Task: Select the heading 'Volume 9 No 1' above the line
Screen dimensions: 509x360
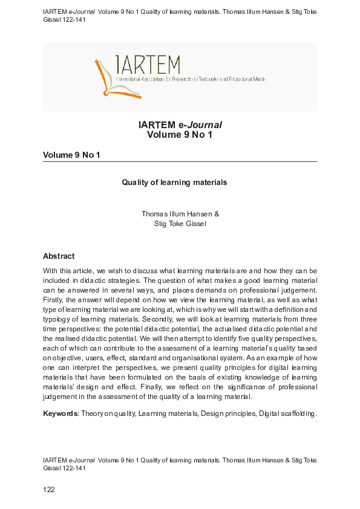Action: pyautogui.click(x=71, y=155)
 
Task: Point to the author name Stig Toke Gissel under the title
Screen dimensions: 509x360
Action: pyautogui.click(x=180, y=224)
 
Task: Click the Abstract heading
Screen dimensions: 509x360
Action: pyautogui.click(x=59, y=256)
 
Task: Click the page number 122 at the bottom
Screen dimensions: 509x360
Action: pyautogui.click(x=49, y=490)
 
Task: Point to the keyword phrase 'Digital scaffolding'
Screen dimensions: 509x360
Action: pyautogui.click(x=287, y=413)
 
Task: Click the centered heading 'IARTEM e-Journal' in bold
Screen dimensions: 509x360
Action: pyautogui.click(x=180, y=125)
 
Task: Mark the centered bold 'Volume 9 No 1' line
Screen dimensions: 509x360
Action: pyautogui.click(x=180, y=135)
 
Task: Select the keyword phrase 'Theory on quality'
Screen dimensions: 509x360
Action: pyautogui.click(x=106, y=413)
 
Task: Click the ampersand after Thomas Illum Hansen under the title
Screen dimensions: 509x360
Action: pyautogui.click(x=217, y=214)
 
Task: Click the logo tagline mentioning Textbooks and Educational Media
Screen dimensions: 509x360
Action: pyautogui.click(x=191, y=79)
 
